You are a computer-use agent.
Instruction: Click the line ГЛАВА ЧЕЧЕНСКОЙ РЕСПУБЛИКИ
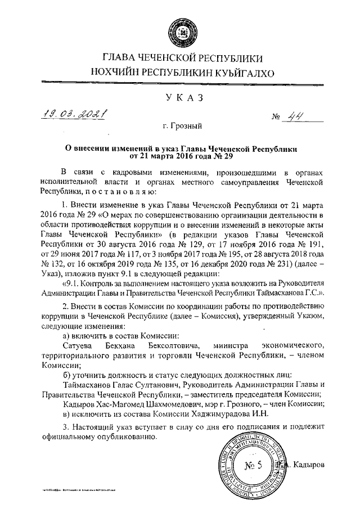(x=179, y=58)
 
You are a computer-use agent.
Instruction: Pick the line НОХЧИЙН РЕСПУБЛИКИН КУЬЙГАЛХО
(x=179, y=72)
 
